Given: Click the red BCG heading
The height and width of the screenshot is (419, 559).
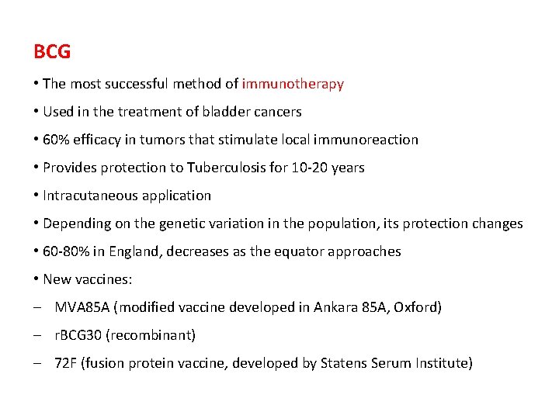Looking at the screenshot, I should click(52, 52).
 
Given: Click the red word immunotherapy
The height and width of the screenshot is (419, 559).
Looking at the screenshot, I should click(293, 84).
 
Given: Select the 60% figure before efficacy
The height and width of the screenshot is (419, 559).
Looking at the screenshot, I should click(56, 140).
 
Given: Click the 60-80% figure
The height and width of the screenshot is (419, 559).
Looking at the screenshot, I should click(67, 251).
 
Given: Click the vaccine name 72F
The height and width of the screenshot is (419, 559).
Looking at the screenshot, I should click(65, 363).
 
